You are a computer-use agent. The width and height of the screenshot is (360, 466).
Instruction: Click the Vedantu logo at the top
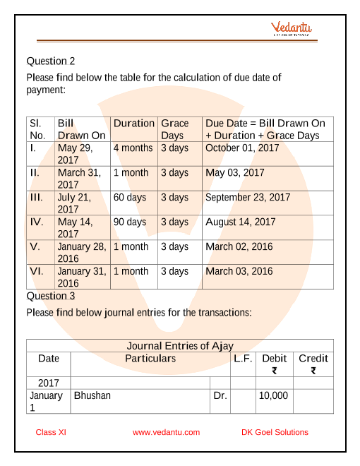pyautogui.click(x=292, y=29)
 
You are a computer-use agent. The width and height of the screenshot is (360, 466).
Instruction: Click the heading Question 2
pyautogui.click(x=51, y=61)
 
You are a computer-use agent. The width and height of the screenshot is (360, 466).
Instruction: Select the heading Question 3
pyautogui.click(x=51, y=296)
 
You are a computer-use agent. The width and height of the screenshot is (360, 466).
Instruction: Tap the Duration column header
pyautogui.click(x=133, y=123)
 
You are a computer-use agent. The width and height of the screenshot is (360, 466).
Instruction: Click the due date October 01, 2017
pyautogui.click(x=242, y=148)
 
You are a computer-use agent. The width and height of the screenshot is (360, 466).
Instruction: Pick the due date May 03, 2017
pyautogui.click(x=234, y=172)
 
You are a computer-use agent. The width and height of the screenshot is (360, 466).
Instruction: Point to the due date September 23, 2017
pyautogui.click(x=248, y=197)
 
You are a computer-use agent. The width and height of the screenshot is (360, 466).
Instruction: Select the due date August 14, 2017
pyautogui.click(x=240, y=222)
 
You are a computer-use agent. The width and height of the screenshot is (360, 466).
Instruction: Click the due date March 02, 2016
pyautogui.click(x=239, y=246)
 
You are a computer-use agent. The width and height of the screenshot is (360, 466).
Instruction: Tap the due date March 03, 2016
pyautogui.click(x=239, y=271)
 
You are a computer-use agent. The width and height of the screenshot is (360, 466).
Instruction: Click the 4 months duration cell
pyautogui.click(x=133, y=148)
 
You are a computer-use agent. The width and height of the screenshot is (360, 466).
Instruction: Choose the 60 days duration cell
pyautogui.click(x=130, y=197)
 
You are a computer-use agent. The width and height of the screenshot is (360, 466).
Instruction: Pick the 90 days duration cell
pyautogui.click(x=130, y=222)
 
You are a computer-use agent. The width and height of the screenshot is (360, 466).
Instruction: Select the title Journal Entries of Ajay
pyautogui.click(x=179, y=345)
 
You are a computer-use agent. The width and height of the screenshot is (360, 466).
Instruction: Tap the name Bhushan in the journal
pyautogui.click(x=92, y=395)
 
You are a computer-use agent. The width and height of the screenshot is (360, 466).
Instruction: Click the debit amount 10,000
pyautogui.click(x=273, y=395)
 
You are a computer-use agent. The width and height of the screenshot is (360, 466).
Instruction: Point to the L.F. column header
pyautogui.click(x=243, y=359)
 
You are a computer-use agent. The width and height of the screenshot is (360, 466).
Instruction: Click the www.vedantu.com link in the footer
pyautogui.click(x=166, y=432)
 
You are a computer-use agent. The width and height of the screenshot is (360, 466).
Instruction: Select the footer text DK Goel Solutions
pyautogui.click(x=275, y=432)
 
